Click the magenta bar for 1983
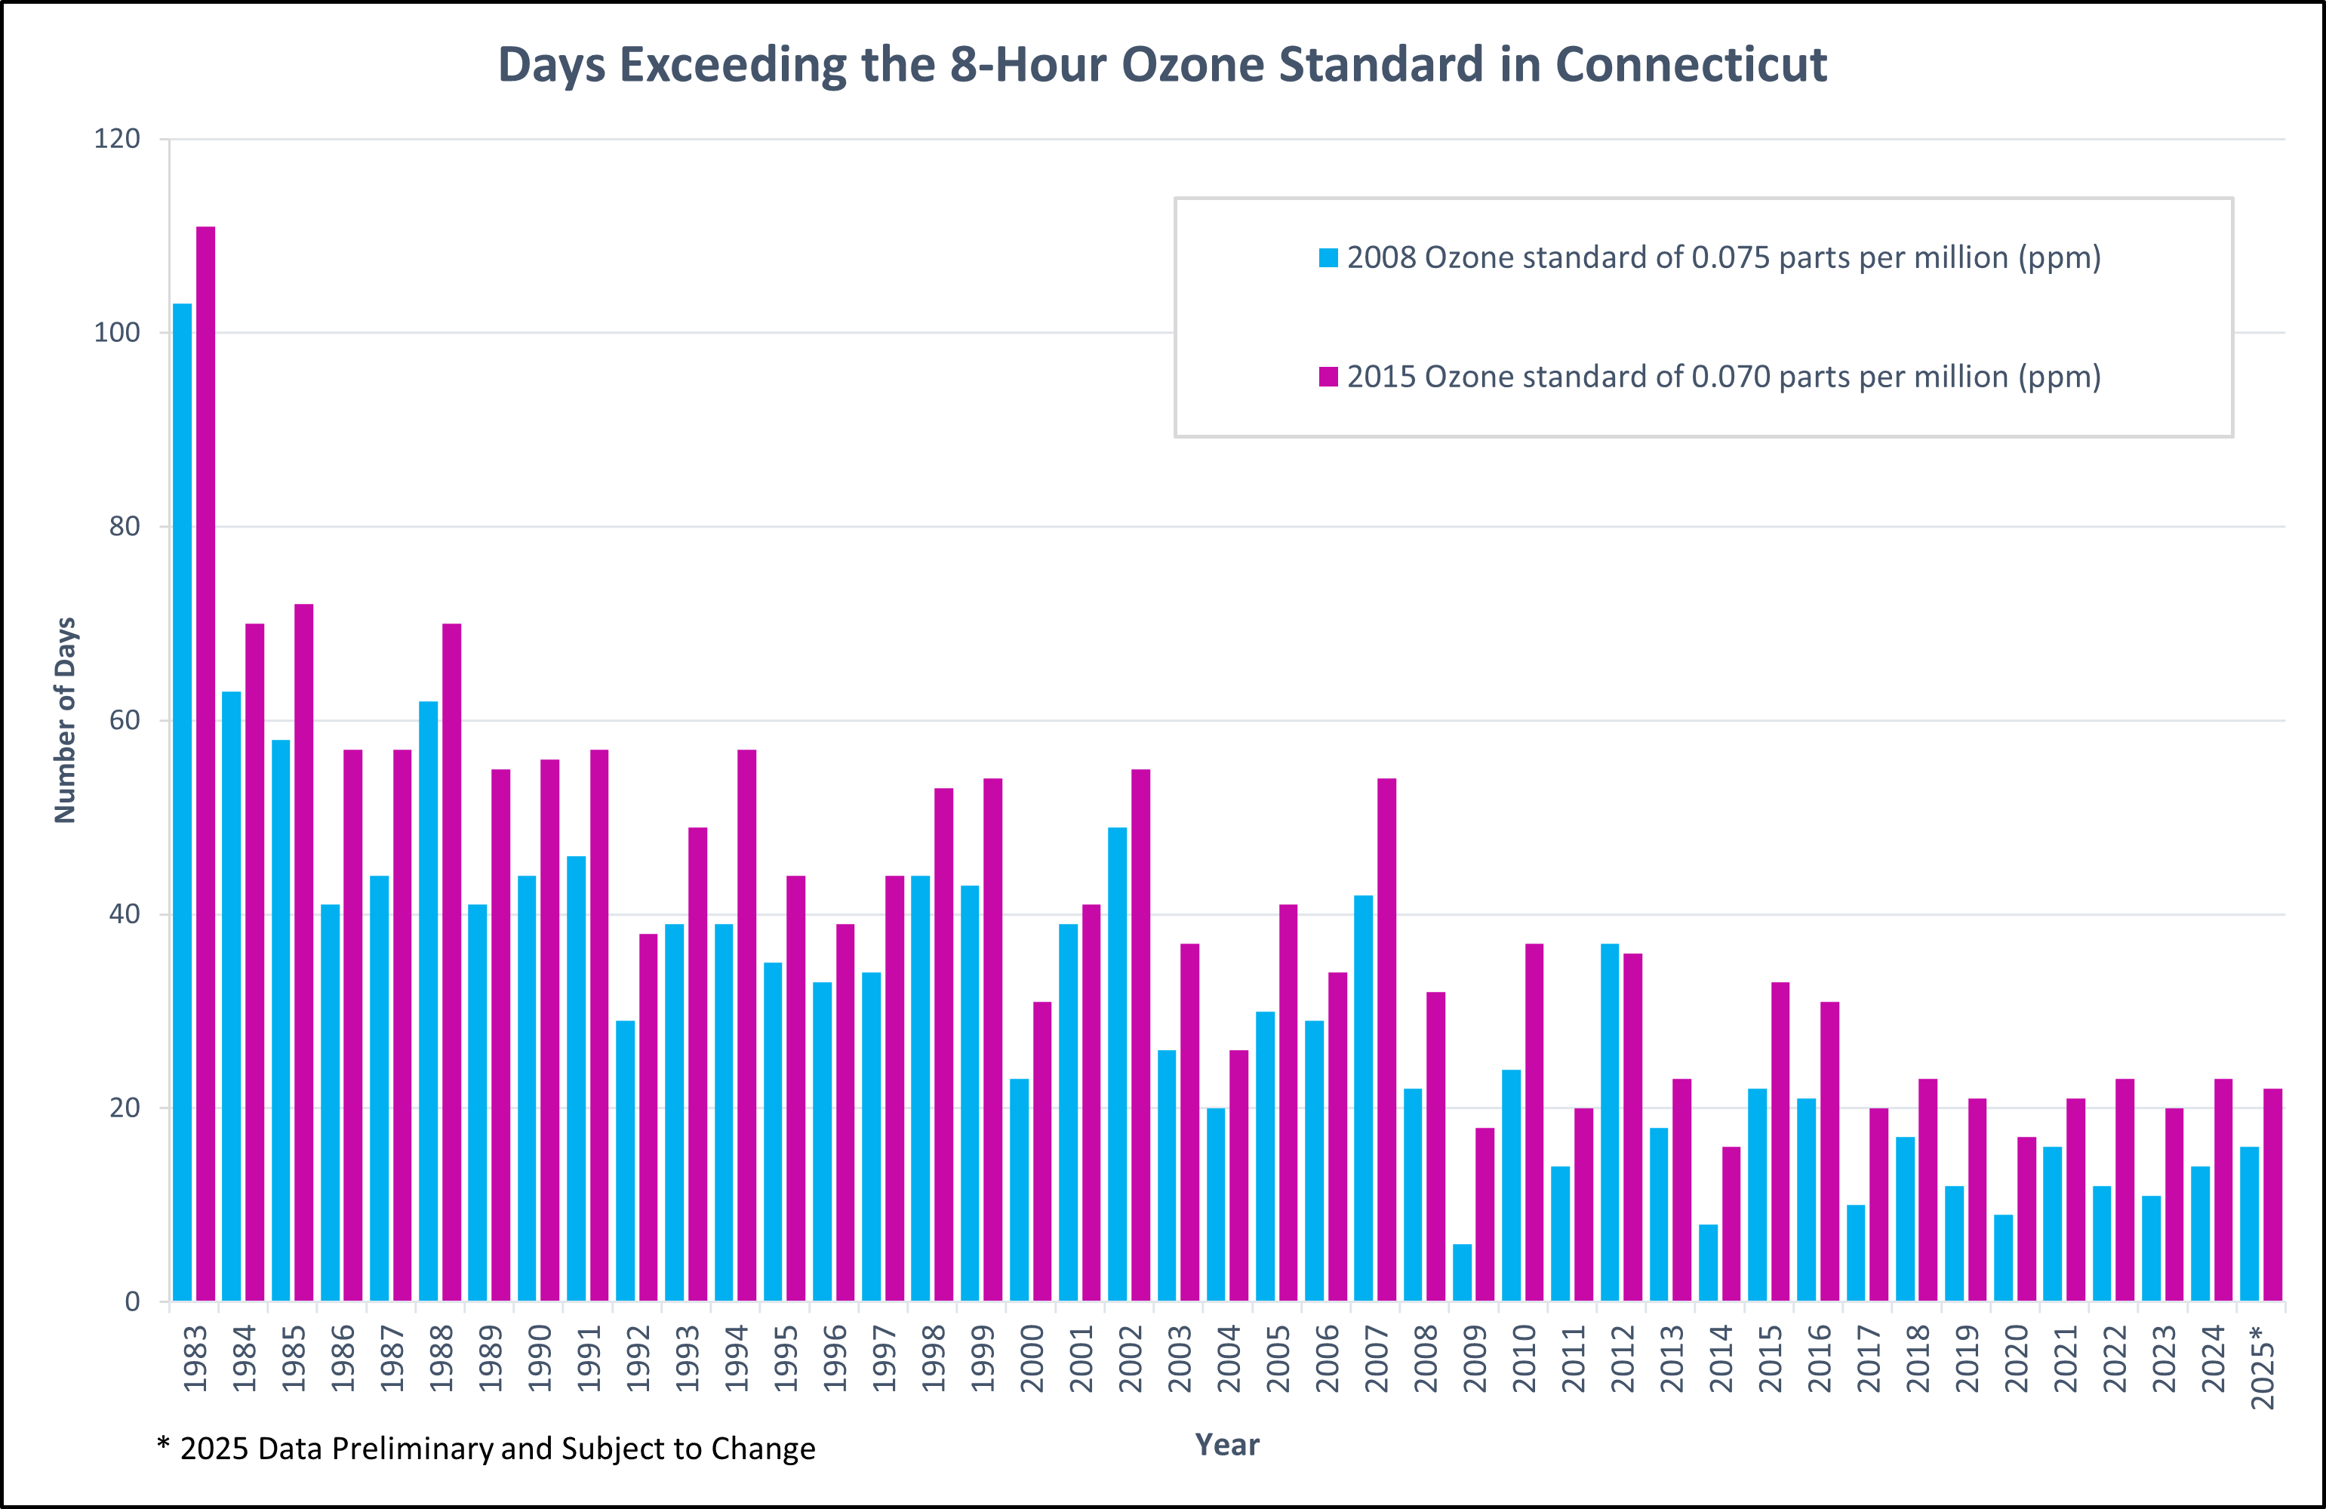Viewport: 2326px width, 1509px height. pyautogui.click(x=205, y=762)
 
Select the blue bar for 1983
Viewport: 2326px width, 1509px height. pyautogui.click(x=182, y=802)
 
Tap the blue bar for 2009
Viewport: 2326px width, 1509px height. pyautogui.click(x=1462, y=1273)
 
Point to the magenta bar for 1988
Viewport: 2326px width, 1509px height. pyautogui.click(x=451, y=962)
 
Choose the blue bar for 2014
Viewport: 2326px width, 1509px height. pyautogui.click(x=1709, y=1263)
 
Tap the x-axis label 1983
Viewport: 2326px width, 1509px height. pyautogui.click(x=195, y=1359)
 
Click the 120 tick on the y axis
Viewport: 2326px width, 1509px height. pyautogui.click(x=117, y=139)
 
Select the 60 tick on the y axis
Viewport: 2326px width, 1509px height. pyautogui.click(x=124, y=720)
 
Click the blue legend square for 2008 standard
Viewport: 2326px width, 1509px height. pyautogui.click(x=1328, y=258)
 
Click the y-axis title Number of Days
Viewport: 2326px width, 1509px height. pyautogui.click(x=64, y=720)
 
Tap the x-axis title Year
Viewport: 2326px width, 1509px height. pyautogui.click(x=1227, y=1445)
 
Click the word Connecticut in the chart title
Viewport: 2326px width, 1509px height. pyautogui.click(x=1691, y=64)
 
